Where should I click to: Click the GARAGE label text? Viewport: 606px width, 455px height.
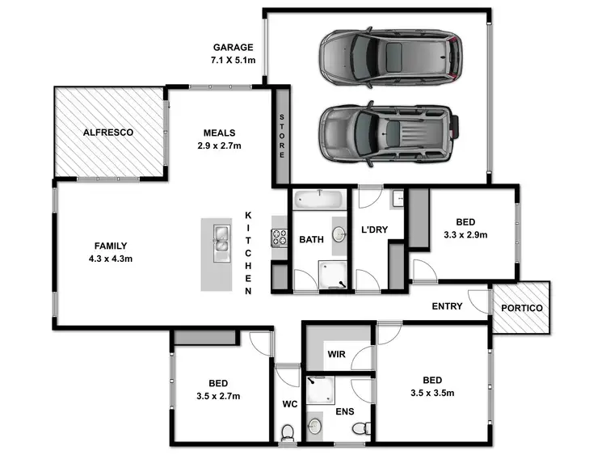[x=233, y=48]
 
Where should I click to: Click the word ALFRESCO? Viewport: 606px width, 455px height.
[x=107, y=132]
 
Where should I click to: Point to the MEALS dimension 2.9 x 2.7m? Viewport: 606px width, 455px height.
[x=218, y=146]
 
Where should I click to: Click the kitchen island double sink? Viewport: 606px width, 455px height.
[x=221, y=240]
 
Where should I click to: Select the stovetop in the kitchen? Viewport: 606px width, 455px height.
[x=280, y=238]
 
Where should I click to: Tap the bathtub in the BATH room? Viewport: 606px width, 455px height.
[x=319, y=198]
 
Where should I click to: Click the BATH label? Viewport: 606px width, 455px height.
[x=312, y=240]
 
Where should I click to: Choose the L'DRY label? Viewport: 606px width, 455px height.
[x=374, y=230]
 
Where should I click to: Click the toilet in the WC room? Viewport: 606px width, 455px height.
[x=287, y=434]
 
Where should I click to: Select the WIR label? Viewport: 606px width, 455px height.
[x=336, y=354]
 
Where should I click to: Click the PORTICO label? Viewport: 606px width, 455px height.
[x=522, y=309]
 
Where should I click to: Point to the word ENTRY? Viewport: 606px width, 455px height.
[x=447, y=307]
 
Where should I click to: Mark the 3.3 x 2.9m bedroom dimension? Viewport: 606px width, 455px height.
[x=465, y=235]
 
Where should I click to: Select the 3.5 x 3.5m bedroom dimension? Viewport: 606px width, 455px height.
[x=432, y=394]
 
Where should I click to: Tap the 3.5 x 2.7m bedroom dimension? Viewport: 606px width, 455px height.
[x=217, y=397]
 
